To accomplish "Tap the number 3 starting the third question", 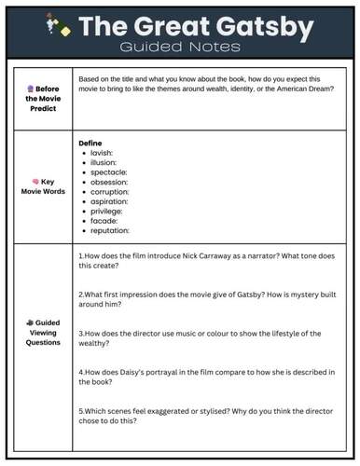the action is (x=81, y=333).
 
